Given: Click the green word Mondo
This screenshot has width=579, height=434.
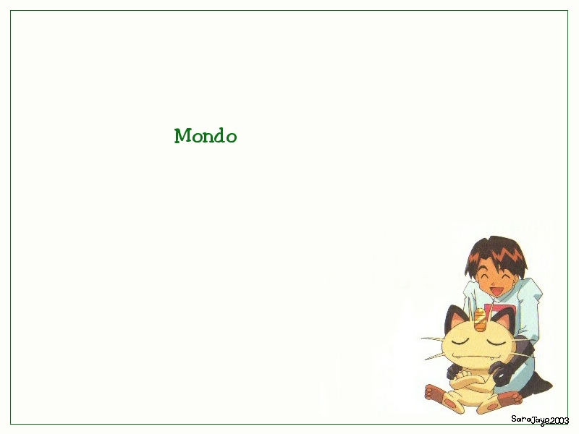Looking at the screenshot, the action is point(206,135).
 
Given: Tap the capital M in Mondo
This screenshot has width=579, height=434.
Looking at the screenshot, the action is point(182,135).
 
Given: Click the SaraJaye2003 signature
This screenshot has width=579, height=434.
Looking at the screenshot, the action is point(539,420).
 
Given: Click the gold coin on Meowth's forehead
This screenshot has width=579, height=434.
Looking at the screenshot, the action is point(480,320).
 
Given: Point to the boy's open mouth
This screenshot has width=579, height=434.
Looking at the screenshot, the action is point(496,290).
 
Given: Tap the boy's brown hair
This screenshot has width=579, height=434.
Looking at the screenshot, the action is point(496,255).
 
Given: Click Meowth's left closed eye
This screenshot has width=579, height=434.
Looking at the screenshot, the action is point(460,341).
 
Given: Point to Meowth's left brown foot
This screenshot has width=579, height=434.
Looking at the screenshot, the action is point(436,393).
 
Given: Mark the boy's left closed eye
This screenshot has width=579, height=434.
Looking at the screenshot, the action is point(482,276).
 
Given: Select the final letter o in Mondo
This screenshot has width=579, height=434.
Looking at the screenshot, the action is point(231,137).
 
